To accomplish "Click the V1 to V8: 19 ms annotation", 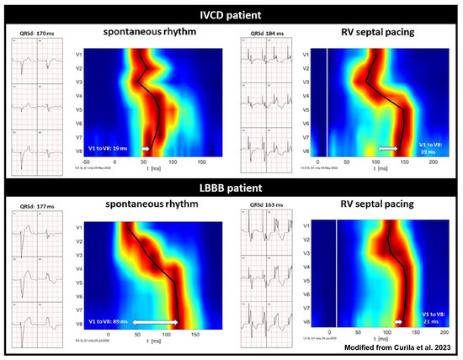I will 110,147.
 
